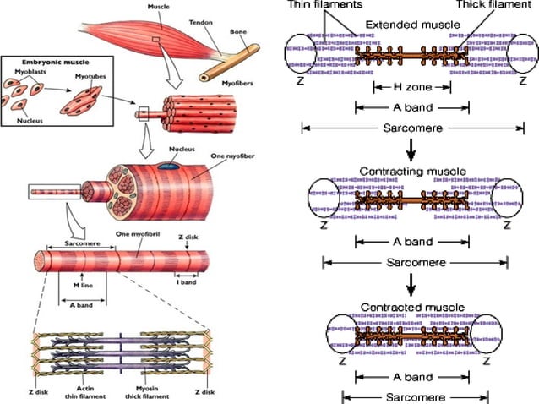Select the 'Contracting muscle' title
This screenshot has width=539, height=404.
(x=411, y=171)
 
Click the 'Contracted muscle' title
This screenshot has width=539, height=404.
(x=411, y=305)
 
